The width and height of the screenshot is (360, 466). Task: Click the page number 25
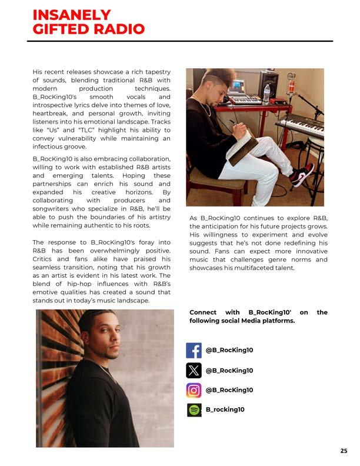[x=344, y=451]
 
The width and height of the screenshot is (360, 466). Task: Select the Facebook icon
[x=194, y=350]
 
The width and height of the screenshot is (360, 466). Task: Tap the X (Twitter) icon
[x=194, y=370]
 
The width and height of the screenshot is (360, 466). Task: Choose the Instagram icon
[x=194, y=390]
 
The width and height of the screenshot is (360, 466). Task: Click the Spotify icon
[x=194, y=410]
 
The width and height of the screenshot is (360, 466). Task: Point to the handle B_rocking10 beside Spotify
[x=225, y=410]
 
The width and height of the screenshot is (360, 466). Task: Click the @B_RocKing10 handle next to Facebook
[x=229, y=350]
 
